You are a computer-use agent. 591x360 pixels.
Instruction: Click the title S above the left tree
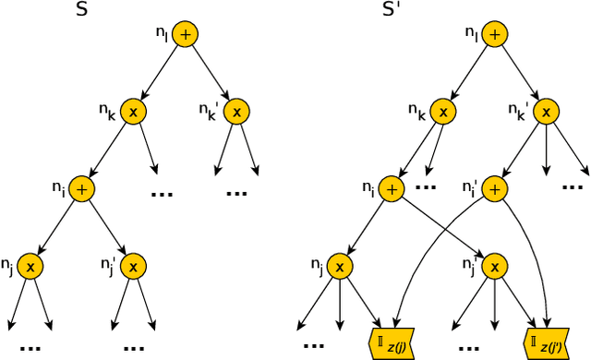click(82, 10)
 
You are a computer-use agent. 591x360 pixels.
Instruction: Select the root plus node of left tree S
click(186, 34)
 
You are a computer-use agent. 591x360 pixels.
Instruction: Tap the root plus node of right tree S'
click(495, 34)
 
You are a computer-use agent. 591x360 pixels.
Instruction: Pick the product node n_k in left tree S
click(133, 112)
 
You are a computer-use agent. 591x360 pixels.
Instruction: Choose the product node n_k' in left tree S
click(237, 112)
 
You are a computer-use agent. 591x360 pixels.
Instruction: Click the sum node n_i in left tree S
click(82, 188)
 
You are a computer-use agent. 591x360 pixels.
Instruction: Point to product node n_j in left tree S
click(30, 266)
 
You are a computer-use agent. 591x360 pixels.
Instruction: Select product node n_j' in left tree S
click(134, 266)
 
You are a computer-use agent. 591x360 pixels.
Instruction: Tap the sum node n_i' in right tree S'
click(495, 188)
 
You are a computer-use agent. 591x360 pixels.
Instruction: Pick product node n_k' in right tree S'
click(547, 112)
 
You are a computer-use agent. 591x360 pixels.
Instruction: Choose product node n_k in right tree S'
click(443, 112)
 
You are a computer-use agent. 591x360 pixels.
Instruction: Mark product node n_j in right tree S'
click(340, 266)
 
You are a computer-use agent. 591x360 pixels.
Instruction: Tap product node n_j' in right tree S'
click(495, 266)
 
